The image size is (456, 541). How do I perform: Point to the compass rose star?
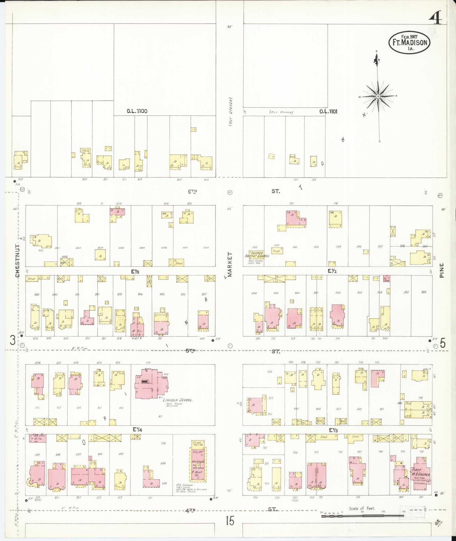378,96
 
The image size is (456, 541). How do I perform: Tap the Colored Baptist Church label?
257,254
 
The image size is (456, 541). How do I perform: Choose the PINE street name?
442,270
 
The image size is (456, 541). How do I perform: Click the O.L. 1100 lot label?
137,111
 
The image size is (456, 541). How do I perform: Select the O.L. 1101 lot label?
328,111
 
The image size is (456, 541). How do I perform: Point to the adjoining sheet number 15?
230,521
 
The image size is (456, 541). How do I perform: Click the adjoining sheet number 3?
12,340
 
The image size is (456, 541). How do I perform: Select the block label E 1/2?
331,271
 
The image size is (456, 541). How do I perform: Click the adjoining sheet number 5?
442,343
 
